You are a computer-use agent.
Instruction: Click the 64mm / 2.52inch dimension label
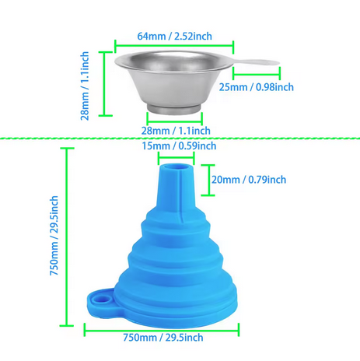(x=174, y=36)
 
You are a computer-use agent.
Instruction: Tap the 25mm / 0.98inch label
(x=257, y=87)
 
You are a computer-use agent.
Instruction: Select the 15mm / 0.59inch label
(x=179, y=146)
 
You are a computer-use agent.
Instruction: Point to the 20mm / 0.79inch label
(x=249, y=180)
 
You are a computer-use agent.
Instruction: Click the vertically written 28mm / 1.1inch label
(x=85, y=86)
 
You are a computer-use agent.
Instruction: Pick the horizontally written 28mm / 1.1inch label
(x=176, y=131)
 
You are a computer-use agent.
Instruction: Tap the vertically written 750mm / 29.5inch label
(x=54, y=236)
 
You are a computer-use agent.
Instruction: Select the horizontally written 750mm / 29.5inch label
(x=163, y=338)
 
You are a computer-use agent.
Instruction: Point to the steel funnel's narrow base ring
(x=174, y=109)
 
